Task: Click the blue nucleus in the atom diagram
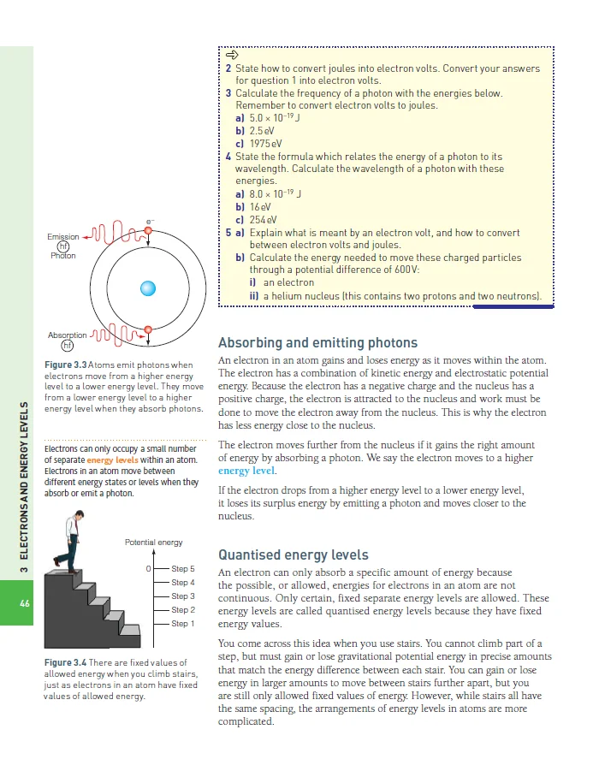(x=149, y=288)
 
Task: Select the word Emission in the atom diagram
(x=63, y=237)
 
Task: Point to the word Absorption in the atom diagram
(x=67, y=335)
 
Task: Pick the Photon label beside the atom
(x=63, y=256)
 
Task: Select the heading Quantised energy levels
(x=294, y=554)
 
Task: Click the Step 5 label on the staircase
(x=183, y=569)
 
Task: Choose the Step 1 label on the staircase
(x=183, y=624)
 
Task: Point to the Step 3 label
(x=183, y=596)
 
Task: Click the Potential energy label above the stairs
(x=154, y=543)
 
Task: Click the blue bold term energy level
(x=246, y=471)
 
